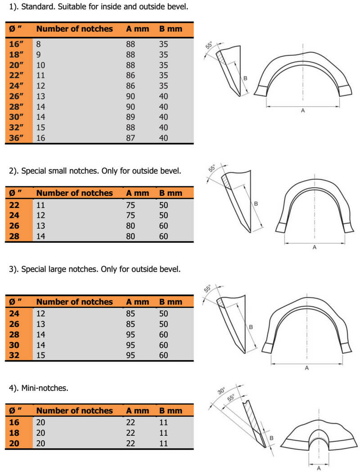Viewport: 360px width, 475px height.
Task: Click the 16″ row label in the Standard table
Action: pos(16,44)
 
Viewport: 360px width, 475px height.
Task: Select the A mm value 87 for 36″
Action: pos(130,138)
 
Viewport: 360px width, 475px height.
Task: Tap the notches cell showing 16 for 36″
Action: pos(40,138)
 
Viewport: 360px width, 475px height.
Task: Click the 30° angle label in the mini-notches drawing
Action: pos(221,390)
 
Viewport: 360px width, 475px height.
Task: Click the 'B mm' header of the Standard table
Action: pos(171,29)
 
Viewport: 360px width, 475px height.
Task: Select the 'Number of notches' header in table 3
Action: pos(74,302)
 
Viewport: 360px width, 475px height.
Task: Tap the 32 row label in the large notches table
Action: pos(14,355)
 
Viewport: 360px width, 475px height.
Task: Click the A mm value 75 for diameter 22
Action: pos(130,205)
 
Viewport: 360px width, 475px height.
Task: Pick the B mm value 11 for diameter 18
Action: pos(163,433)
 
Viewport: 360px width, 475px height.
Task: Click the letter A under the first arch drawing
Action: pos(302,110)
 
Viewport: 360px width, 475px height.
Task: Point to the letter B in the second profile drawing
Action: pos(256,204)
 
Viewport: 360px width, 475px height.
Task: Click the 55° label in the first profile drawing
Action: pos(209,46)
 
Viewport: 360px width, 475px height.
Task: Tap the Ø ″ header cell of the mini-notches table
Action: pos(16,411)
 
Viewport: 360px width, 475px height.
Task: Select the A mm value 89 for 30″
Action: pos(130,117)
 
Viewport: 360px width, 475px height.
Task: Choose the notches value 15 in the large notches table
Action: pos(40,355)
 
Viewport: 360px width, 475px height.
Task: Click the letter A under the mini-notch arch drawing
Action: pos(319,468)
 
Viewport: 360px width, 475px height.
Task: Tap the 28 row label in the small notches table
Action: pos(14,236)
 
